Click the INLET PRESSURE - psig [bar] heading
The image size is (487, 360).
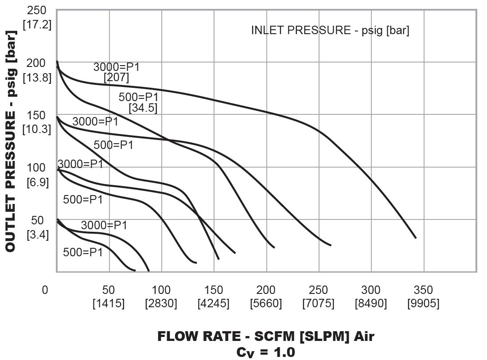(x=330, y=31)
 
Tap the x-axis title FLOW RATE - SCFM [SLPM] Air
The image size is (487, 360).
(x=266, y=337)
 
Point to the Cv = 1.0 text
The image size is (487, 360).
(x=266, y=352)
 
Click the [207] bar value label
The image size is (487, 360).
(x=117, y=78)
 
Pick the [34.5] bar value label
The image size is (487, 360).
(x=143, y=108)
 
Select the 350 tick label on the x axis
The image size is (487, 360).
(x=423, y=290)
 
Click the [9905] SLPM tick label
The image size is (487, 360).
(x=423, y=304)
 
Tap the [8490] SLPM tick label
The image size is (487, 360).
(x=371, y=304)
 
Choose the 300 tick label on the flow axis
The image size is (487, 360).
(x=371, y=290)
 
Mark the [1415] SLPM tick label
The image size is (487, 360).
(x=109, y=304)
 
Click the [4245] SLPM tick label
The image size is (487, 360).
(x=214, y=304)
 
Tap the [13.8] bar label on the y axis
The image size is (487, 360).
(x=37, y=78)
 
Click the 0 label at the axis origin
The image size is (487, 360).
(x=45, y=290)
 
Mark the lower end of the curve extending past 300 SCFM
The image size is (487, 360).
(x=416, y=238)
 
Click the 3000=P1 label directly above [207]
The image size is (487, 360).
(x=117, y=67)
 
